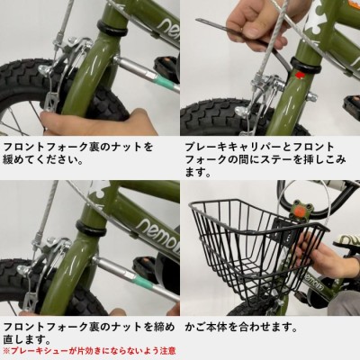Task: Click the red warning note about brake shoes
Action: tap(89, 350)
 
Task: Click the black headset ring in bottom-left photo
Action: tap(92, 228)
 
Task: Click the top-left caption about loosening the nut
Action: tap(78, 153)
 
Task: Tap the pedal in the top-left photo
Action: tap(165, 66)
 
